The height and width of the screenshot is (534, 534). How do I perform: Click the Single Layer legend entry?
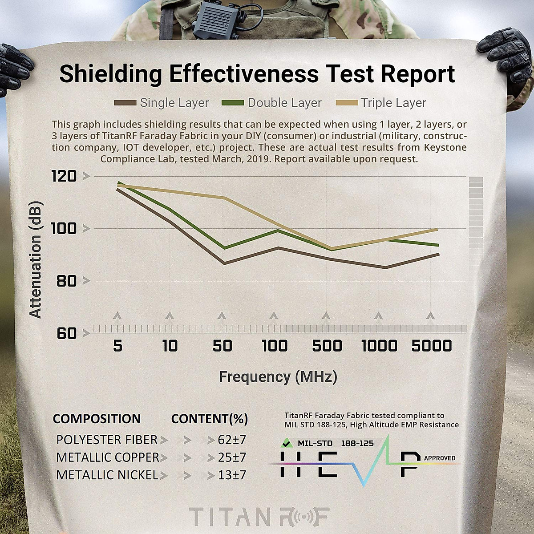(x=162, y=103)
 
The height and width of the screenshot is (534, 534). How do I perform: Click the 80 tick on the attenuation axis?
(x=66, y=281)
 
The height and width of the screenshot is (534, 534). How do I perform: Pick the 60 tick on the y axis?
(x=66, y=333)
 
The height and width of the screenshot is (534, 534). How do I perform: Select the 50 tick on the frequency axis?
(x=222, y=346)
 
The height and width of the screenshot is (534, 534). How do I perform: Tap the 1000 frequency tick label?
(x=379, y=346)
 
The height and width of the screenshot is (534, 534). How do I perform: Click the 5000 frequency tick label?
(x=431, y=346)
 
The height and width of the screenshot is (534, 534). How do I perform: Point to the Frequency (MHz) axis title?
(x=278, y=377)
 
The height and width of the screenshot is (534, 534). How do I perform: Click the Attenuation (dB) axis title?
(x=36, y=260)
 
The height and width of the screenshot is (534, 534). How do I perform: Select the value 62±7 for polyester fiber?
(x=232, y=440)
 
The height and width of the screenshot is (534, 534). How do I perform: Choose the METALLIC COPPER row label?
(x=108, y=457)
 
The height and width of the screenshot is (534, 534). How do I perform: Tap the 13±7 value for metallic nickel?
(x=232, y=475)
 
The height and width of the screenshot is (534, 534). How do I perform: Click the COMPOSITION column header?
(x=97, y=419)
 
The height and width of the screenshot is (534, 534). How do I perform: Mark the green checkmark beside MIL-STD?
(x=285, y=443)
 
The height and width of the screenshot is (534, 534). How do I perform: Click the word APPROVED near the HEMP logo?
(x=440, y=458)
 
